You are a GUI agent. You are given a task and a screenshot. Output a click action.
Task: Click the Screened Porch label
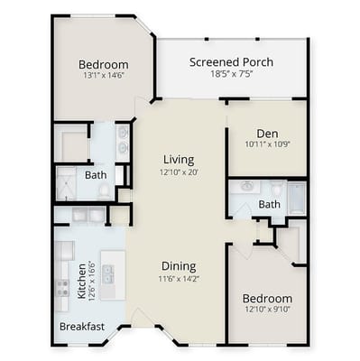[231, 62]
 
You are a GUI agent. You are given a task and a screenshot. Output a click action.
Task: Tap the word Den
[266, 132]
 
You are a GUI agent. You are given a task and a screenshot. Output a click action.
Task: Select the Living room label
[179, 160]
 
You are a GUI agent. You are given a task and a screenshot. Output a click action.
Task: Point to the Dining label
[180, 266]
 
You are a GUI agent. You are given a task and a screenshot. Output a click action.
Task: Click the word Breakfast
[82, 327]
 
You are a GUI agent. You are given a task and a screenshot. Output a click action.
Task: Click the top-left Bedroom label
[103, 65]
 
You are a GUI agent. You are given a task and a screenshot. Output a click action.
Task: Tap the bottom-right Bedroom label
[267, 299]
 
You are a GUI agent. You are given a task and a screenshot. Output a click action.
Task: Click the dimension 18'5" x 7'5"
[231, 75]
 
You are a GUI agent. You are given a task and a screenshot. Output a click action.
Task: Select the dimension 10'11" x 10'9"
[266, 143]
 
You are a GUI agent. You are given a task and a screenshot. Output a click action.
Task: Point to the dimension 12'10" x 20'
[179, 171]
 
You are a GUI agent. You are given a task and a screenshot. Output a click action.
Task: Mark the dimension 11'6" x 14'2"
[180, 279]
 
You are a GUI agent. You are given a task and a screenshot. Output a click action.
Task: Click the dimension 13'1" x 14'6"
[103, 77]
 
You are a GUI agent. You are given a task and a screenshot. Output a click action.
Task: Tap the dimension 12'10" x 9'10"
[267, 310]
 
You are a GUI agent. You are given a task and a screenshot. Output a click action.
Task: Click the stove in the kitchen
[62, 288]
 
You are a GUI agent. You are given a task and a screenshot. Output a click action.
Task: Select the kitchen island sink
[108, 273]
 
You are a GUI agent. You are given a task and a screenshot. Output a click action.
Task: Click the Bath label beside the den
[269, 205]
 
